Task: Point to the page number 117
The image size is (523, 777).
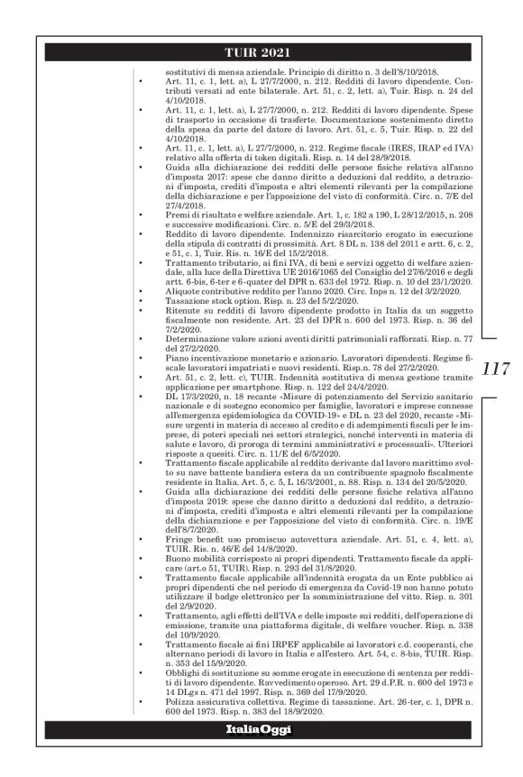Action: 496,370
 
